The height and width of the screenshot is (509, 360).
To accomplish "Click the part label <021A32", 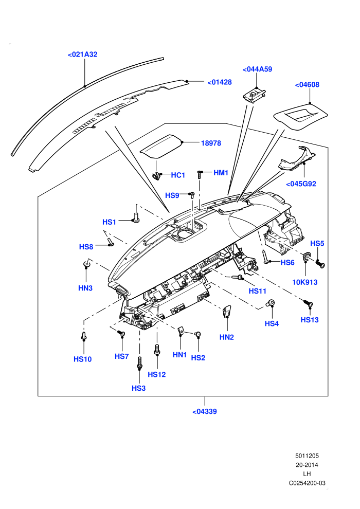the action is click(82, 54).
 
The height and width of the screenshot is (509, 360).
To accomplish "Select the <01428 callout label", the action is click(220, 82).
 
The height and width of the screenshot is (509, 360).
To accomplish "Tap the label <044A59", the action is click(258, 69).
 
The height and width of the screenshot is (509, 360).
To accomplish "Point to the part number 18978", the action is click(211, 143).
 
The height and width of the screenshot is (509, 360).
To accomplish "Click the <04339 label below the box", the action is click(205, 412).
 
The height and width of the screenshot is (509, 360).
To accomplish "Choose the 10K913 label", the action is click(305, 282).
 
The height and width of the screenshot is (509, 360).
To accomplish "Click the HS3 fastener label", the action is click(139, 388).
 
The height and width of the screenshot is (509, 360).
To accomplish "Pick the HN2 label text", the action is click(227, 337).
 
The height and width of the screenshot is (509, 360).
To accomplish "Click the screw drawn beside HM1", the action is click(200, 174).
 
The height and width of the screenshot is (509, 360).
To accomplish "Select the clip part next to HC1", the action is click(157, 176).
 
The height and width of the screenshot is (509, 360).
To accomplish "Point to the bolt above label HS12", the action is click(157, 350).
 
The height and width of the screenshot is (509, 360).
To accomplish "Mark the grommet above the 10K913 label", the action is click(306, 257).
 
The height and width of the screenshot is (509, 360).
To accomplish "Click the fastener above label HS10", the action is click(84, 336).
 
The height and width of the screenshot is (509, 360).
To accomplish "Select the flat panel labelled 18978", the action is click(161, 147).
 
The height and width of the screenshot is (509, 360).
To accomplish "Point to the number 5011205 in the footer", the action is click(307, 456).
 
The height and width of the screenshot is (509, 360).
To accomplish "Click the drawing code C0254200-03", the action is click(307, 483).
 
